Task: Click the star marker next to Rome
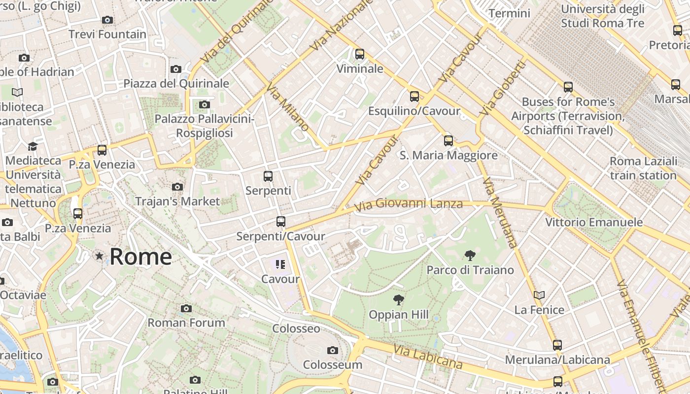[x=100, y=256]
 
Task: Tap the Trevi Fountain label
[x=107, y=34]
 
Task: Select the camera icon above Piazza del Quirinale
[x=176, y=69]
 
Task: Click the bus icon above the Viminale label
[x=360, y=54]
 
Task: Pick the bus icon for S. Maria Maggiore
[x=448, y=141]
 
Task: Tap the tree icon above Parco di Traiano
[x=470, y=255]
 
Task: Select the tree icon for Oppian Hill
[x=398, y=299]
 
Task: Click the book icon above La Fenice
[x=539, y=295]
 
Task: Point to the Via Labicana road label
[x=428, y=357]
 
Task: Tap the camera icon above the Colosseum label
[x=333, y=351]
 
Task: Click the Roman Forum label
[x=186, y=323]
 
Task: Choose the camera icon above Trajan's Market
[x=177, y=187]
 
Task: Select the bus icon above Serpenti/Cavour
[x=281, y=222]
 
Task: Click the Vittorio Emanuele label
[x=594, y=222]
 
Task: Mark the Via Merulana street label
[x=501, y=212]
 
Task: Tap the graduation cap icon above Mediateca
[x=33, y=146]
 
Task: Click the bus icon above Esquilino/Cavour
[x=414, y=97]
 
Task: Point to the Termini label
[x=510, y=13]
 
